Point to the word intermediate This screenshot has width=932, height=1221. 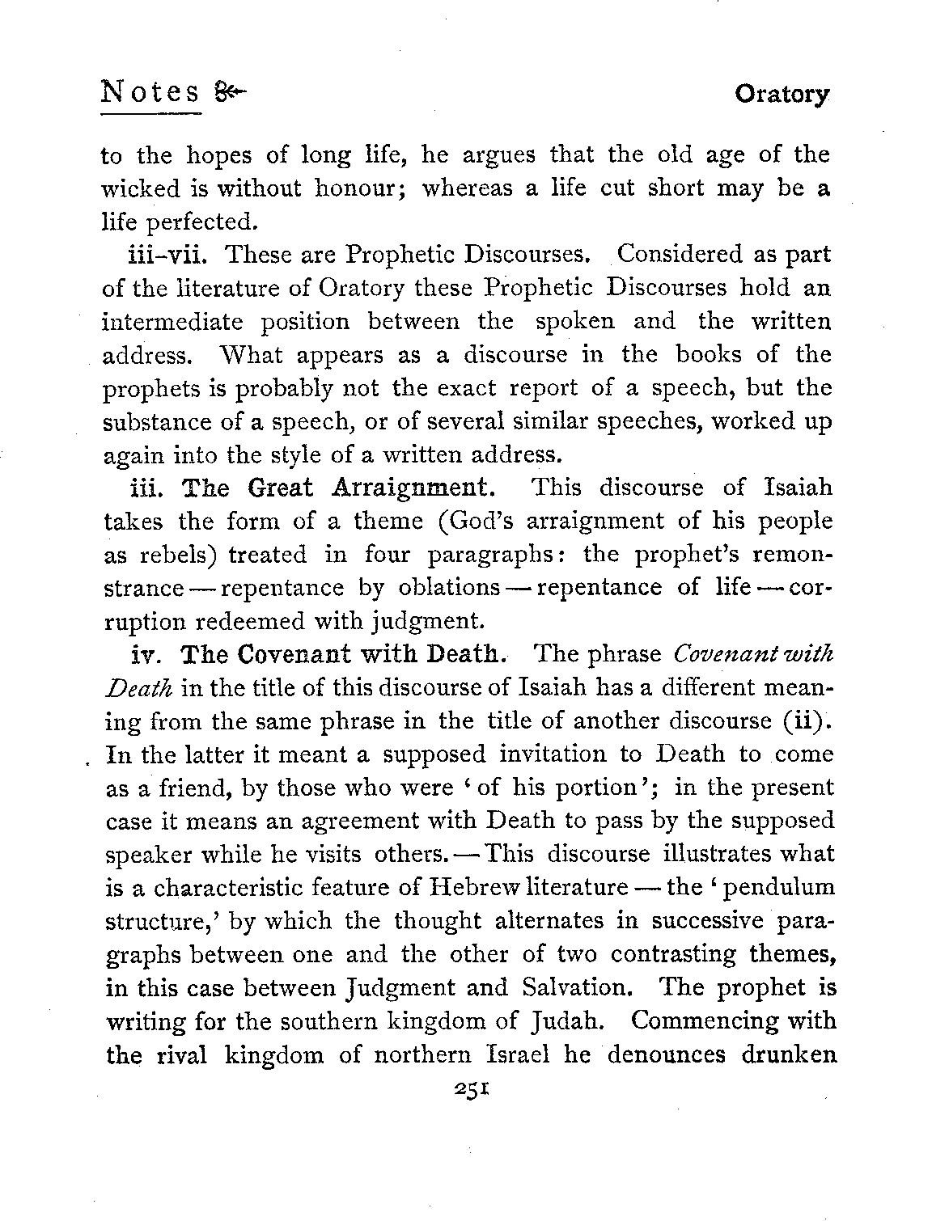pos(172,322)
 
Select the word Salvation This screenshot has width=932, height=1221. pos(586,987)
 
